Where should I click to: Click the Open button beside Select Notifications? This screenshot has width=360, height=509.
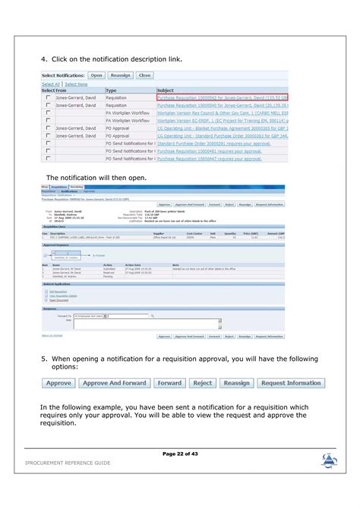[x=96, y=75]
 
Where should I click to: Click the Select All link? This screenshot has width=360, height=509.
[x=50, y=84]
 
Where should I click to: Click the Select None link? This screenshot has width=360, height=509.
[x=75, y=84]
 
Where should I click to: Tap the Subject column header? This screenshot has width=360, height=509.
[x=166, y=90]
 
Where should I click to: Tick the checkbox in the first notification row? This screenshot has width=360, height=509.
[x=48, y=98]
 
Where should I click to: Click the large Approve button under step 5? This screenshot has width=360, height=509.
[x=58, y=383]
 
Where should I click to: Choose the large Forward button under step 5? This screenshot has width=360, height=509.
[x=169, y=383]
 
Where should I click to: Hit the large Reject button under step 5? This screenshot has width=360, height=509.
[x=202, y=383]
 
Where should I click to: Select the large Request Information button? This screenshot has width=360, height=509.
[x=291, y=383]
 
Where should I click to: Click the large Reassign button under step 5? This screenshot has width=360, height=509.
[x=236, y=383]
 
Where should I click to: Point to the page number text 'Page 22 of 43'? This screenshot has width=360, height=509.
[x=180, y=454]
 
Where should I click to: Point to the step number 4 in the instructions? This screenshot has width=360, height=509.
[x=44, y=58]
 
